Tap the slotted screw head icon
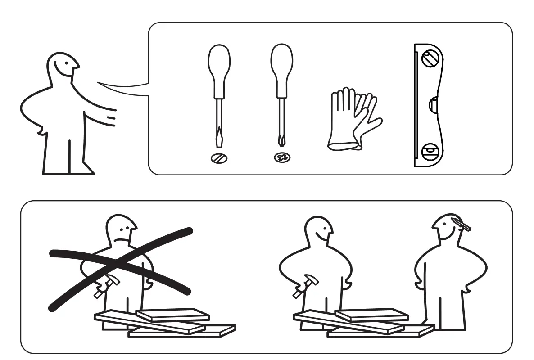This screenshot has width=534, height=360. coord(219,158)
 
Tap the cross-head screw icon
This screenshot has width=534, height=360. coord(282,158)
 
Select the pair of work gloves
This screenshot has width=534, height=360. coord(353,119)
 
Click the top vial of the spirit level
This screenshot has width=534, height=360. coord(429,58)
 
